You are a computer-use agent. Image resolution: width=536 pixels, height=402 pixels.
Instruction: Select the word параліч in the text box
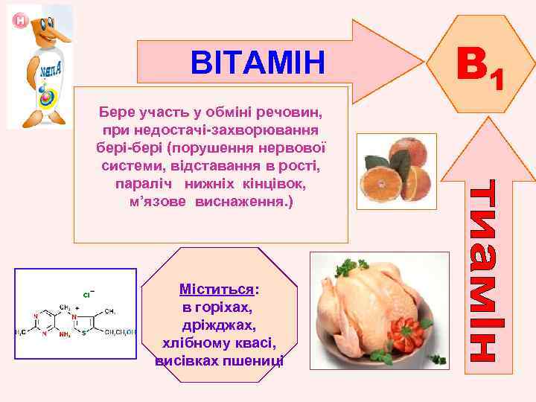click(x=141, y=183)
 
